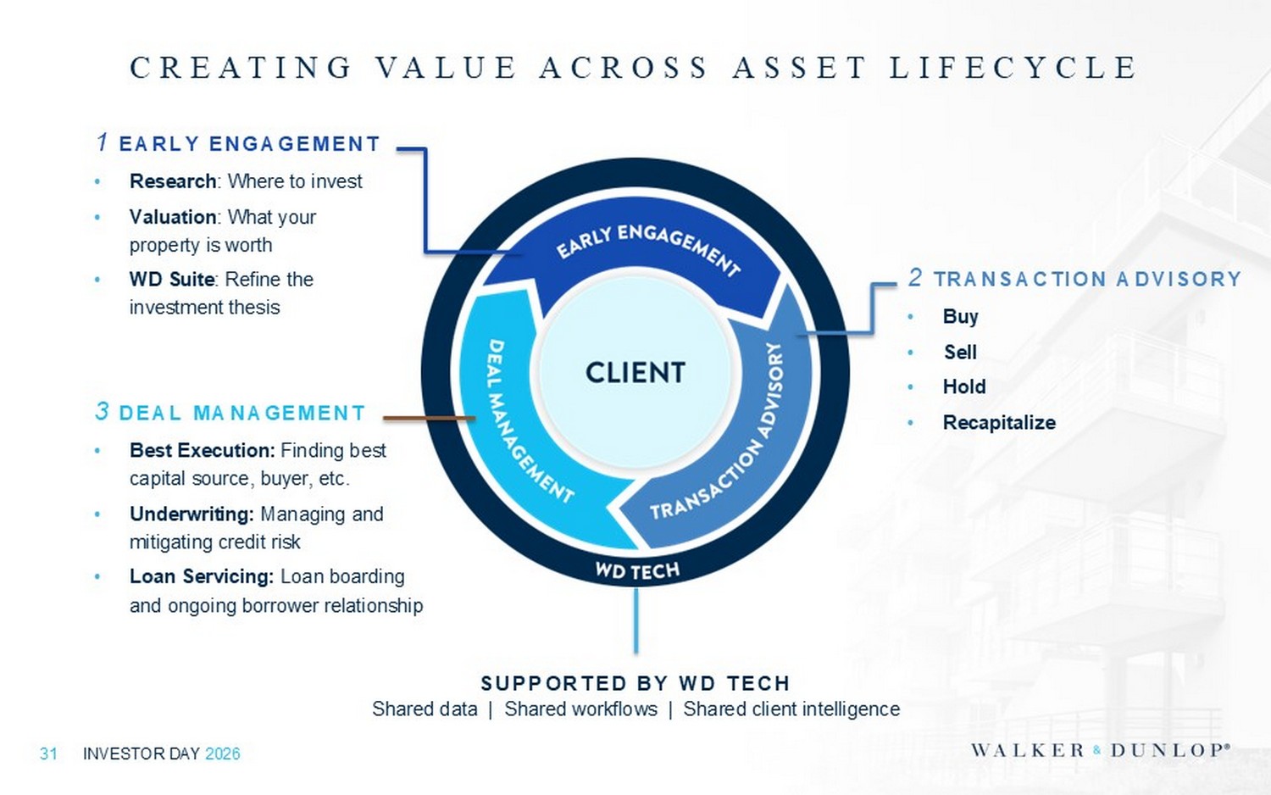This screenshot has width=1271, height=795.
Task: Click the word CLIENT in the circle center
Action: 635,373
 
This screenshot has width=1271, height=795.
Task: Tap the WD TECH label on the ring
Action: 637,570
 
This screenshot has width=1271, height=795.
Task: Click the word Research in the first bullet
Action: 173,181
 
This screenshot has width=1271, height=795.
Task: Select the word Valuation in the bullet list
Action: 173,217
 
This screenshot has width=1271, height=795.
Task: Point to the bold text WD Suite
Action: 171,279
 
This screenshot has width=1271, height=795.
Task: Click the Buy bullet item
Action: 960,317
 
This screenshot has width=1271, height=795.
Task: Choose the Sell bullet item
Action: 960,352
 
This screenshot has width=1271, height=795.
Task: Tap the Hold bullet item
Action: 964,387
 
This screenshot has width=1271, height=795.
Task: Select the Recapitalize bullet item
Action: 999,423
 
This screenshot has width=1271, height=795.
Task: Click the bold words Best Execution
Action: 202,450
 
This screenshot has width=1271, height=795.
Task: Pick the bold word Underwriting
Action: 191,514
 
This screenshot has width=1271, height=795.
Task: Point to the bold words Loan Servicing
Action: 202,576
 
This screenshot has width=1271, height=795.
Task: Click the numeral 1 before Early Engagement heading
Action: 103,142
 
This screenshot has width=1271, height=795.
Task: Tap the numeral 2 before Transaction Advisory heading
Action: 914,277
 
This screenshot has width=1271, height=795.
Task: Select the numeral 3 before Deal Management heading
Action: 102,411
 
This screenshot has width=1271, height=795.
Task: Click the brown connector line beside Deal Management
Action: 429,418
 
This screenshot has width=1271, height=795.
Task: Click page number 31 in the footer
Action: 48,753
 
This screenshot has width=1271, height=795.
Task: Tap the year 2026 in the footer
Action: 222,753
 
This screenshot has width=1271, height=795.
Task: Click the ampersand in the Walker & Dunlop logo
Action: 1096,751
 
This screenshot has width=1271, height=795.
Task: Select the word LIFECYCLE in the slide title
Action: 1013,67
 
